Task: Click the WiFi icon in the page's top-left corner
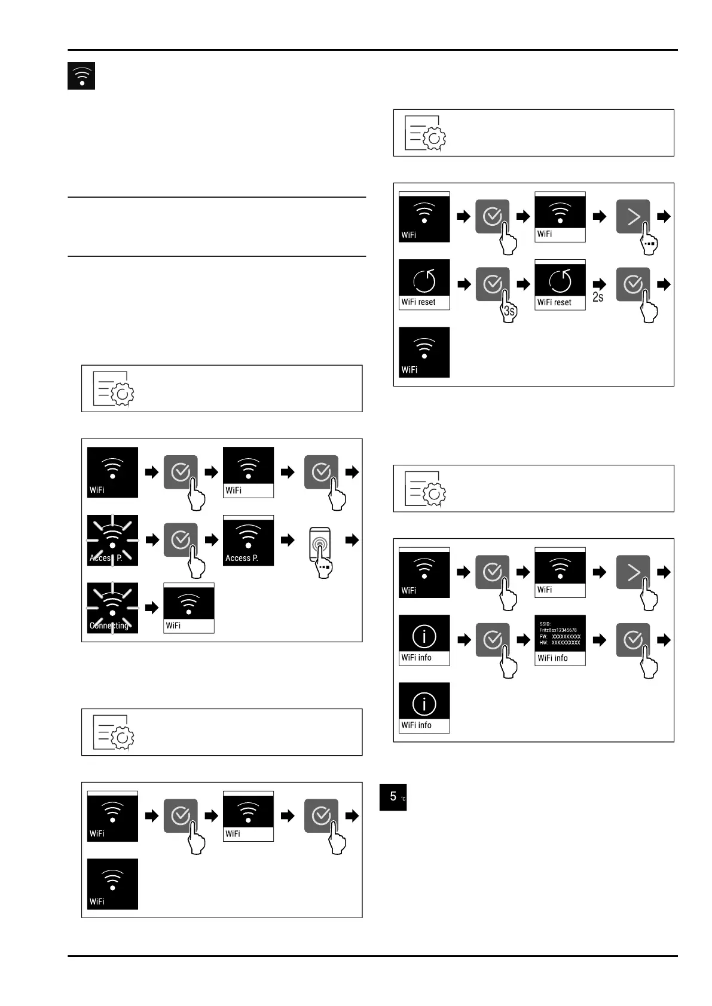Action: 81,76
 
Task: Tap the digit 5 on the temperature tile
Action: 393,796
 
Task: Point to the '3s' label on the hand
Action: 509,311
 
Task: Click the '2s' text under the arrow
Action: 598,297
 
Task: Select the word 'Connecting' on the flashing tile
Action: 109,625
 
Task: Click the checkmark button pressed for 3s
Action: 492,284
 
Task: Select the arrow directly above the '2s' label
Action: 599,284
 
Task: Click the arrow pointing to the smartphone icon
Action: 288,540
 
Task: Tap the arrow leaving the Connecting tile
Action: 152,608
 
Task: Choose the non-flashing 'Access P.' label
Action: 242,558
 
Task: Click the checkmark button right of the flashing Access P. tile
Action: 181,540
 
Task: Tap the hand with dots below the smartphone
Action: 323,567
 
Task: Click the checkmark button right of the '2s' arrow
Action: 632,284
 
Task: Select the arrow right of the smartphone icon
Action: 352,540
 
